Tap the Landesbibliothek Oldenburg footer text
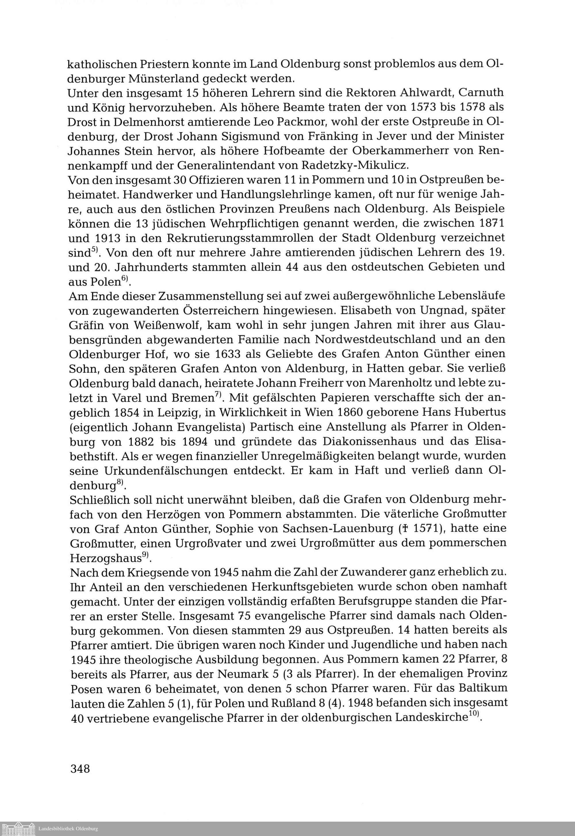tap(68, 829)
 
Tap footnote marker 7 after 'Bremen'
tap(218, 395)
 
